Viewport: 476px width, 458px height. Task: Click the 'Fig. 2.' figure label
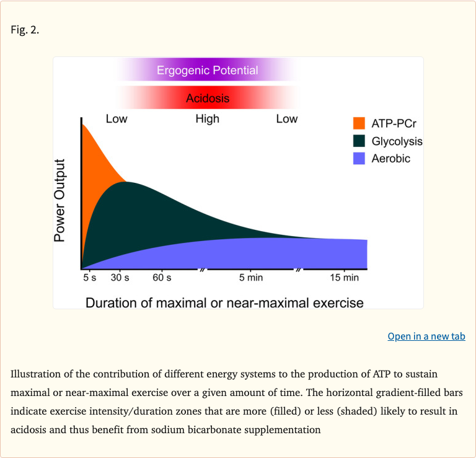click(25, 30)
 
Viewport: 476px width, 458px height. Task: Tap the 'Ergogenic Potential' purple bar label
click(207, 70)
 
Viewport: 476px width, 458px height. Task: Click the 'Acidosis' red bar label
click(208, 98)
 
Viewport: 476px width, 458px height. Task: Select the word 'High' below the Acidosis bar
click(207, 119)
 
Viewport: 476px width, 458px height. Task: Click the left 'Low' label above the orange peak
click(117, 119)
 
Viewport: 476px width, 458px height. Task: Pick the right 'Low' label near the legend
click(286, 119)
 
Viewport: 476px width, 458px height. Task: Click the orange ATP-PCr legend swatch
click(359, 123)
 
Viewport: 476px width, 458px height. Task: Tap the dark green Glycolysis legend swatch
click(359, 141)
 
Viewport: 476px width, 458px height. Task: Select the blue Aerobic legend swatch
click(359, 159)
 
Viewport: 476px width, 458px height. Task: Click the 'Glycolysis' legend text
click(397, 141)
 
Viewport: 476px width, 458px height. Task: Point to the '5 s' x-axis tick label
click(90, 278)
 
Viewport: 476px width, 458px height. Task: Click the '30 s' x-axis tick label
click(120, 278)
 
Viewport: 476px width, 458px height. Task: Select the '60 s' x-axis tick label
click(162, 278)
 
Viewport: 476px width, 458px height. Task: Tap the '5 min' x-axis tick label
click(251, 278)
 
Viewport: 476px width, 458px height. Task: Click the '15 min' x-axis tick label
click(344, 278)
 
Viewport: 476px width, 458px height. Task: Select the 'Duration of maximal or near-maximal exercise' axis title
click(224, 302)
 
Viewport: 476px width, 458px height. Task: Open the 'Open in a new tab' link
click(426, 336)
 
